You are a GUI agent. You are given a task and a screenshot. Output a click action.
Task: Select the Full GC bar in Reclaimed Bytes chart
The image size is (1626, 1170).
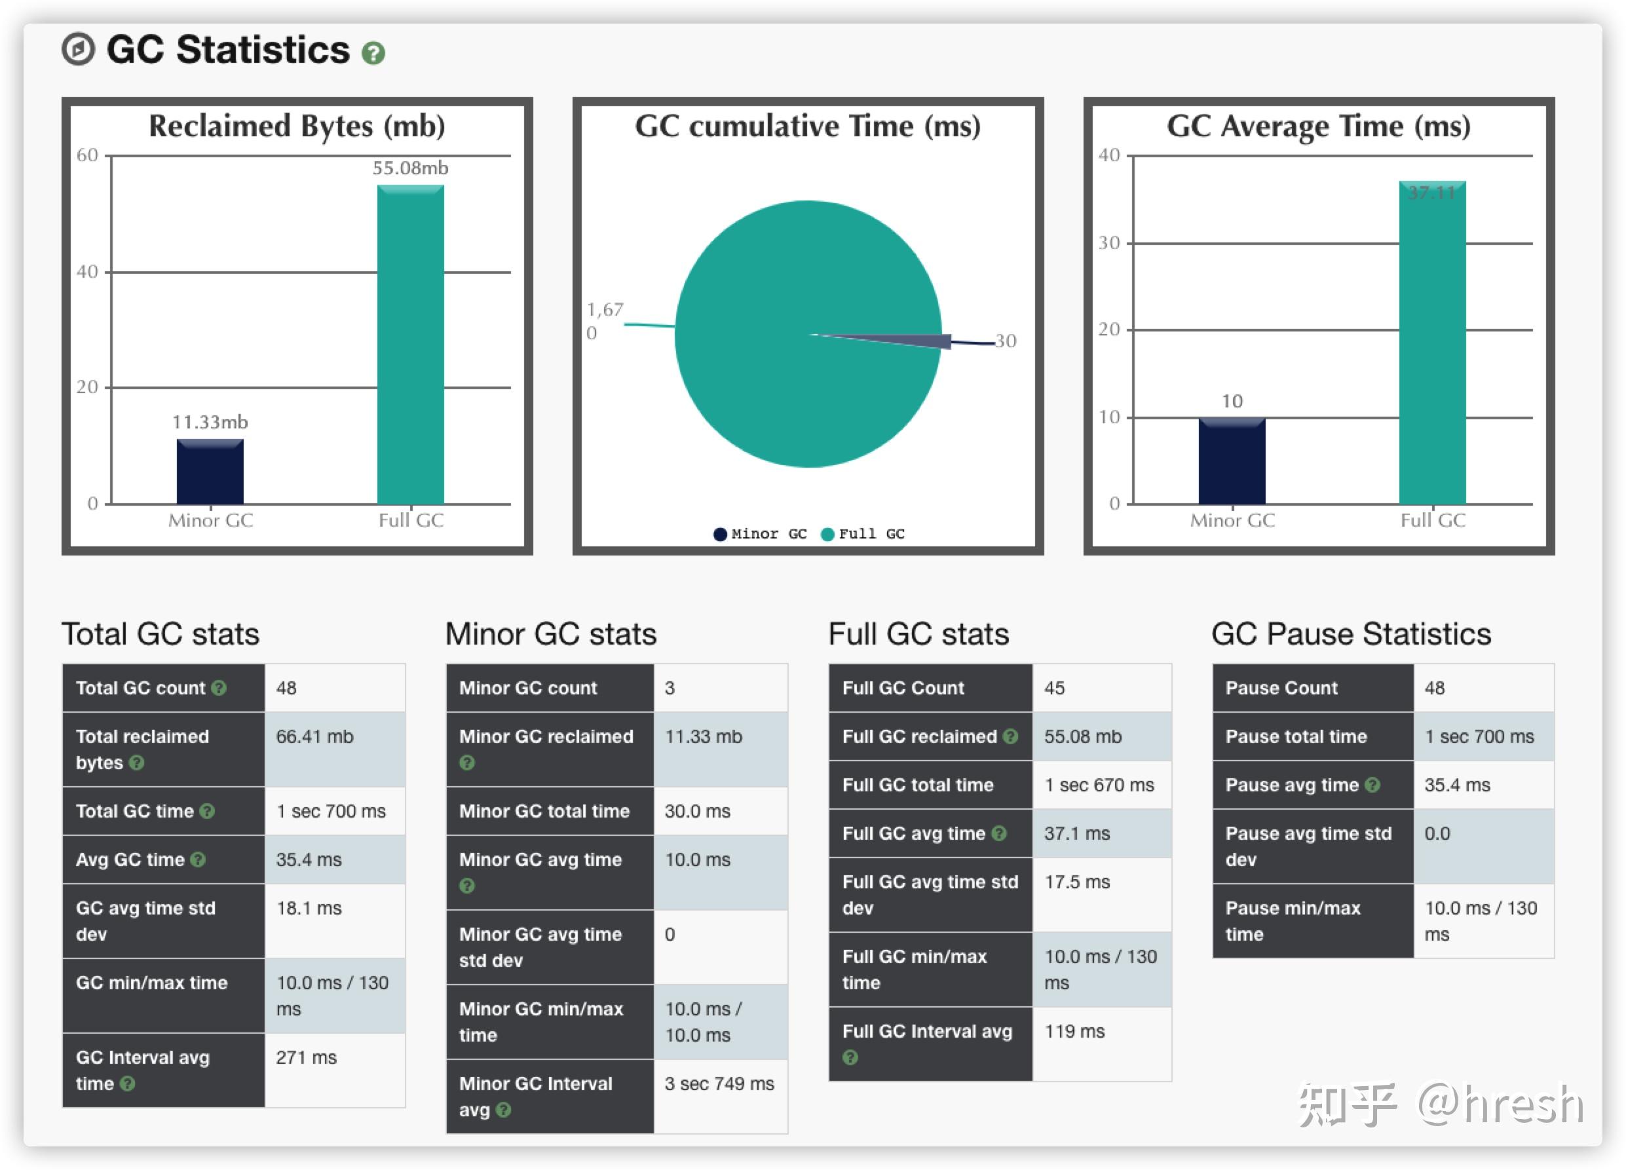point(410,344)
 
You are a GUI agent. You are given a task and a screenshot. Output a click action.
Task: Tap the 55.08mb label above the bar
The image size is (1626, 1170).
point(410,168)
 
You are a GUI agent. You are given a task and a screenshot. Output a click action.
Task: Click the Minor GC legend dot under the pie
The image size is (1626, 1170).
point(720,534)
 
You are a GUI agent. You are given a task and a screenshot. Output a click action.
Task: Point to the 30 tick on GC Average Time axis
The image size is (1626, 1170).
point(1108,243)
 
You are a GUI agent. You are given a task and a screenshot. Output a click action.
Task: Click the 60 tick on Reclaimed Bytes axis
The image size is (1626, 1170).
point(88,155)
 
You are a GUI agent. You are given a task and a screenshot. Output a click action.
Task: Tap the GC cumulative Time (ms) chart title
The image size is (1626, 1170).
point(807,126)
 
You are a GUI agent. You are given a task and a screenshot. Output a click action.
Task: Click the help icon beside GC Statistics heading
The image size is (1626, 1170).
point(373,53)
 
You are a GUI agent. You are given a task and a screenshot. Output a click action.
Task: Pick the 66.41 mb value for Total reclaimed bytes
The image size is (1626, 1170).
point(314,736)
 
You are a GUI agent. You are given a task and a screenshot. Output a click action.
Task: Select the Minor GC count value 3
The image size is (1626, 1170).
point(670,689)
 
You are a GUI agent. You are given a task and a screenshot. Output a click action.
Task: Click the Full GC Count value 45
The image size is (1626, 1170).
point(1054,689)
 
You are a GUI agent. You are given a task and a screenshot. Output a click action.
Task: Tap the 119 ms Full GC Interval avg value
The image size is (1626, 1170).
point(1074,1031)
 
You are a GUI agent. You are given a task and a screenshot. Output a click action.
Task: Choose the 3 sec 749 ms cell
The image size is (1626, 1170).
point(719,1084)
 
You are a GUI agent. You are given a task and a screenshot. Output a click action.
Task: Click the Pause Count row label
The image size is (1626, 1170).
point(1281,689)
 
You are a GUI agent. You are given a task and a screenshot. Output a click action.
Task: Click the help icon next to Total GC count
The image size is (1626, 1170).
point(219,689)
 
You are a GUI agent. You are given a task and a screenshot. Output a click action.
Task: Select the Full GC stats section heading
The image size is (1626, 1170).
point(918,633)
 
